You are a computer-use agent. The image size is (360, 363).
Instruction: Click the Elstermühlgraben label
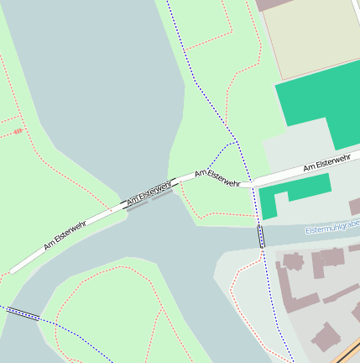(x=331, y=229)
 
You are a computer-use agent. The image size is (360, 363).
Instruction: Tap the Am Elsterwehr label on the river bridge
(x=149, y=192)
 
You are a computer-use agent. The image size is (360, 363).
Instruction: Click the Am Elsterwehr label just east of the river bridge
(x=217, y=177)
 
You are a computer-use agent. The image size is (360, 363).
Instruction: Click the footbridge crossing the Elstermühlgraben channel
(x=261, y=235)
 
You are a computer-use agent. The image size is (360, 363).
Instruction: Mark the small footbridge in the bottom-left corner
(x=23, y=314)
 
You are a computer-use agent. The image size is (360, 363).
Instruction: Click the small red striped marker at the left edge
(x=17, y=131)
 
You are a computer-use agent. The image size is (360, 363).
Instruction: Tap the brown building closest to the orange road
(x=325, y=338)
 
